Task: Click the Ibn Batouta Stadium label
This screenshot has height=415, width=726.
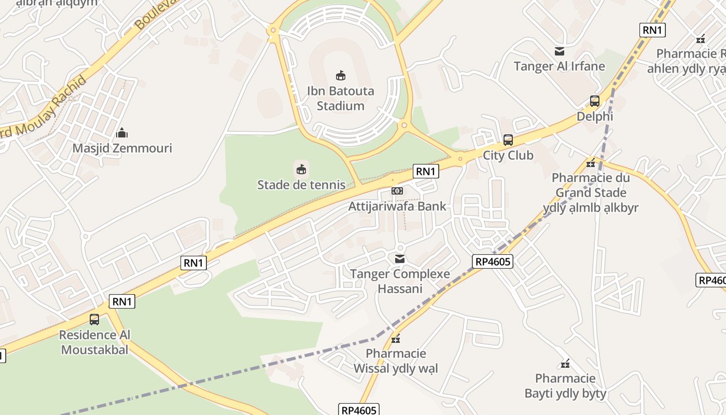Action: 340,99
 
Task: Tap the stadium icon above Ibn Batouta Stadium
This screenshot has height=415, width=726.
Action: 341,76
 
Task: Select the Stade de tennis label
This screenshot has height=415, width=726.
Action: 301,185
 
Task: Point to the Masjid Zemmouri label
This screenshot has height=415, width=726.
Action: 122,148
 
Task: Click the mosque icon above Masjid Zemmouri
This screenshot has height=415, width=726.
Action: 122,133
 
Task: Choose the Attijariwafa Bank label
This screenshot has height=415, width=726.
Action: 397,206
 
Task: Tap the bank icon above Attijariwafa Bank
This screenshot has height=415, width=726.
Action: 397,191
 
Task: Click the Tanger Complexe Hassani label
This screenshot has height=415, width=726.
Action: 400,281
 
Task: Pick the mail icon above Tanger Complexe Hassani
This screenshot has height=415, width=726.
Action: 400,258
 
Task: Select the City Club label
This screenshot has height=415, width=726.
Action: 508,155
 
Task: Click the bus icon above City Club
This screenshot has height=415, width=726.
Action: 508,140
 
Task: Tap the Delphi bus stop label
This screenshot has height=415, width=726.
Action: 595,116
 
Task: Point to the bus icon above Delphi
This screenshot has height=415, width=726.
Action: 595,101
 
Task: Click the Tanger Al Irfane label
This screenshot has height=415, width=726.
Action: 559,66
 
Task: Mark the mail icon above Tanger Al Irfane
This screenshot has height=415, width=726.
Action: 560,51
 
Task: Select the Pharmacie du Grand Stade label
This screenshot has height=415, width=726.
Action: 591,192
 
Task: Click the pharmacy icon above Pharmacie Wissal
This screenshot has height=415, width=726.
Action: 396,339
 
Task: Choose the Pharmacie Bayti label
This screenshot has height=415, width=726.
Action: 565,385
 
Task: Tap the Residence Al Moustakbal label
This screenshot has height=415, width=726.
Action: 94,342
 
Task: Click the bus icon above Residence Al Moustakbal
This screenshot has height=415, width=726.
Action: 94,320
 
